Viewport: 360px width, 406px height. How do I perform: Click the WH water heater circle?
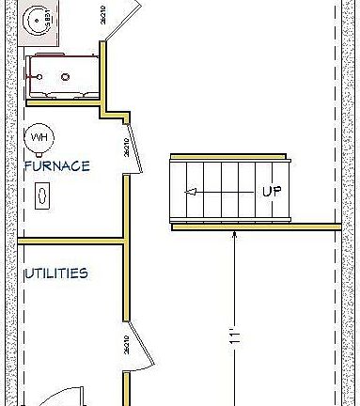[39, 137]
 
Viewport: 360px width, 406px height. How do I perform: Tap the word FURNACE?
[57, 166]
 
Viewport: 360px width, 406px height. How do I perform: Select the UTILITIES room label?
[56, 273]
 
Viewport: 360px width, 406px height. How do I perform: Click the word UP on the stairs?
[272, 191]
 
